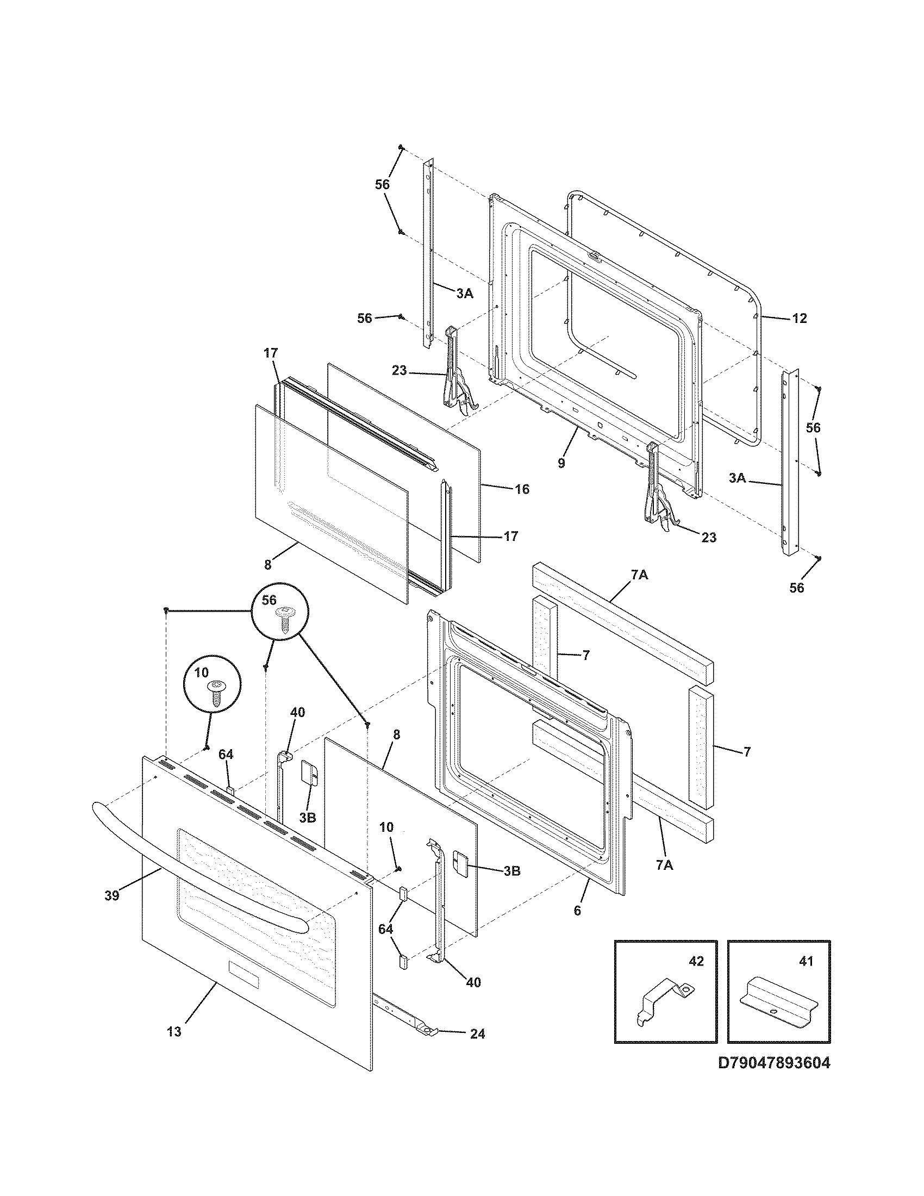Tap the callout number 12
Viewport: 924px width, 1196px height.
(799, 318)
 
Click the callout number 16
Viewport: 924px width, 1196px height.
(522, 489)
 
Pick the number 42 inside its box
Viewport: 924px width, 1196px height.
(696, 962)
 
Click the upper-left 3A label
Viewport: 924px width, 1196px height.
(464, 294)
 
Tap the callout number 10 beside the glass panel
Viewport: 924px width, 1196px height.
(386, 843)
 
